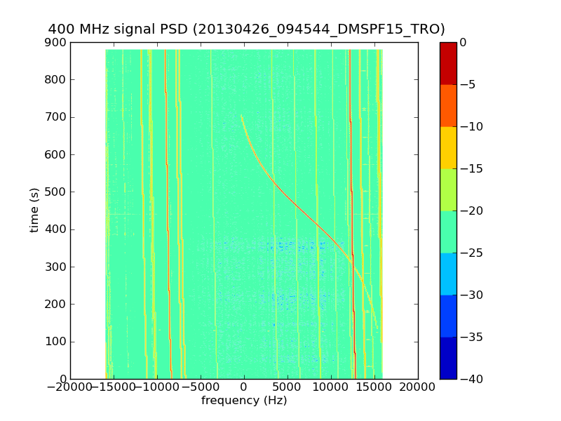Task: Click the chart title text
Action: [246, 29]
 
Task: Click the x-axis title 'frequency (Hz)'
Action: [244, 401]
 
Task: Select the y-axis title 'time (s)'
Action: [34, 210]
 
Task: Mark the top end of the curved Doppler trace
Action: [241, 116]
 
